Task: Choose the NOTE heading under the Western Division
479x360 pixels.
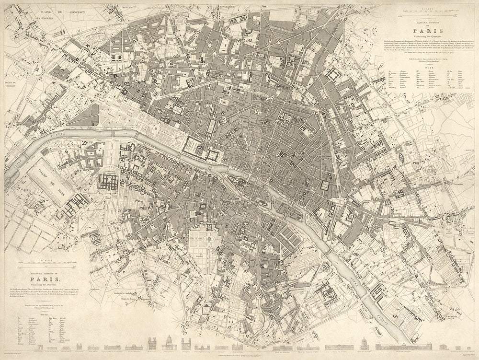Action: (44, 314)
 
